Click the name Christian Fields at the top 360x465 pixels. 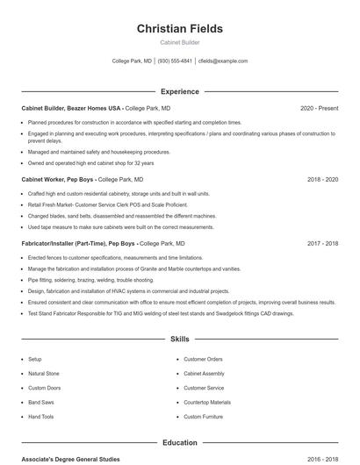tap(179, 29)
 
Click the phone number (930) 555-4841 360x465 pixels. tap(175, 61)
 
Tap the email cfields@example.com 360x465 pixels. tap(223, 61)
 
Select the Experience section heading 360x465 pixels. tap(179, 91)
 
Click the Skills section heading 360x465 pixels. tap(179, 339)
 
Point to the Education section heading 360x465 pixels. tap(179, 443)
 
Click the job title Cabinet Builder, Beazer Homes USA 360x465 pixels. tap(72, 108)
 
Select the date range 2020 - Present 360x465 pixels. tap(319, 108)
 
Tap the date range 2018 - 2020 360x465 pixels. tap(322, 179)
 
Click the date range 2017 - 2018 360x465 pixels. tap(322, 243)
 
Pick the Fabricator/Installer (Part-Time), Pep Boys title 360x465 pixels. tap(78, 243)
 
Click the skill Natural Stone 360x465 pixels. tap(44, 374)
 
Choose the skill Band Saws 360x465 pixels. tap(41, 403)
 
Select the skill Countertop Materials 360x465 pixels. tap(207, 403)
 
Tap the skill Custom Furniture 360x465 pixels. tap(204, 417)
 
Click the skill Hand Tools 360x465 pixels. tap(41, 417)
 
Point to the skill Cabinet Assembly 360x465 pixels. tap(204, 374)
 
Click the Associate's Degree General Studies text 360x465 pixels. tap(70, 459)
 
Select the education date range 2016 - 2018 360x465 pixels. tap(322, 459)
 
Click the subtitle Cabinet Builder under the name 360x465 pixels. tap(179, 42)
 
